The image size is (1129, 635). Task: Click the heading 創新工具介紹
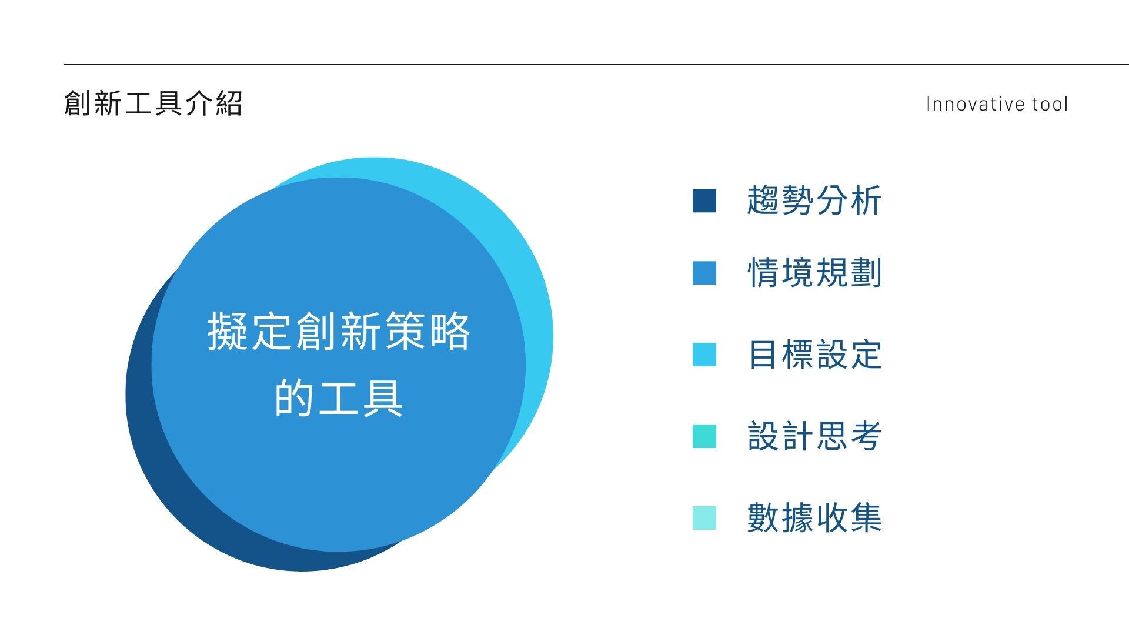click(x=153, y=103)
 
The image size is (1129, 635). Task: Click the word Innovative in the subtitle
click(x=976, y=104)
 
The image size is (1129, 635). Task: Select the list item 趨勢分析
click(x=814, y=200)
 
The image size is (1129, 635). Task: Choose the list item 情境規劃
click(x=814, y=273)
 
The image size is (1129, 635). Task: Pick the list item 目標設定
click(x=814, y=355)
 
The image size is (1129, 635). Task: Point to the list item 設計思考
click(x=814, y=436)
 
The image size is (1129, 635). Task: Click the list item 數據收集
click(x=814, y=518)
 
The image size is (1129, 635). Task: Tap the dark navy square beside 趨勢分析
click(x=704, y=200)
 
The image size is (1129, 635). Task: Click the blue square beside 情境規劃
click(x=704, y=273)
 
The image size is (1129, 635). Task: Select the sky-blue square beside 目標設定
click(x=704, y=355)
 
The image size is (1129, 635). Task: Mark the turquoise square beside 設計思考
click(x=704, y=436)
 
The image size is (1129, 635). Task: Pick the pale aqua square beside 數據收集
click(x=704, y=518)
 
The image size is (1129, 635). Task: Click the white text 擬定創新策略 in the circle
click(x=339, y=331)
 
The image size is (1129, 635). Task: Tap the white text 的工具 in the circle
click(x=339, y=398)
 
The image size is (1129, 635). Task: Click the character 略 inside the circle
click(x=450, y=331)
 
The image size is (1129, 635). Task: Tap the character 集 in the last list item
click(x=866, y=518)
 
